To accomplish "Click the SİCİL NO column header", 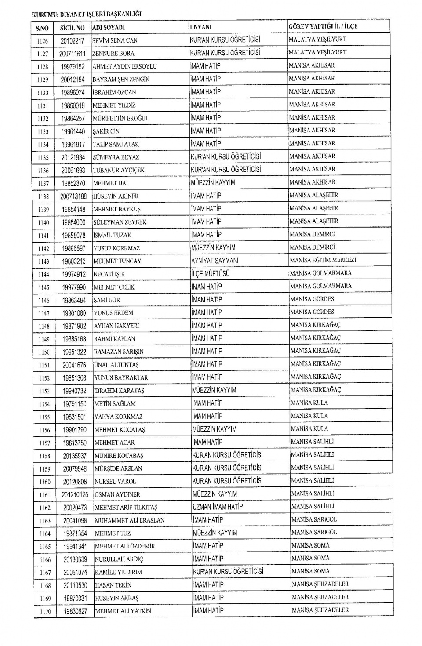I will click(x=72, y=28).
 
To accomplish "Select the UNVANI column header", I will click(x=200, y=27).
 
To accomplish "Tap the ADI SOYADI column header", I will click(x=109, y=27).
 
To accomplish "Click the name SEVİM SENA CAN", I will click(x=115, y=40).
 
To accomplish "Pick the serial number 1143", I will click(x=44, y=261).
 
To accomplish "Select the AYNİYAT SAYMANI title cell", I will click(x=215, y=261).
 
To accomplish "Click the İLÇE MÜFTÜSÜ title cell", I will click(x=211, y=273).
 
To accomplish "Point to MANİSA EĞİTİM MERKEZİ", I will click(x=323, y=260).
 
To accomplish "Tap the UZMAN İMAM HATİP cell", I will click(x=218, y=507).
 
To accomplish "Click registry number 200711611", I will click(x=73, y=54).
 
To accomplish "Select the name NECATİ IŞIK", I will click(x=109, y=274).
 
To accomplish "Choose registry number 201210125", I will click(x=75, y=495).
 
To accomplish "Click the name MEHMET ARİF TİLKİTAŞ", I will click(x=126, y=508).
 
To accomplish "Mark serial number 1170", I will click(x=45, y=611).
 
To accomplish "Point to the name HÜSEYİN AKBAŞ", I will click(x=117, y=598).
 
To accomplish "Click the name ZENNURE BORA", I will click(x=113, y=54).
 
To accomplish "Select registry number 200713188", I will click(x=73, y=196).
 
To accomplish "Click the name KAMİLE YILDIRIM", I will click(x=118, y=572).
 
